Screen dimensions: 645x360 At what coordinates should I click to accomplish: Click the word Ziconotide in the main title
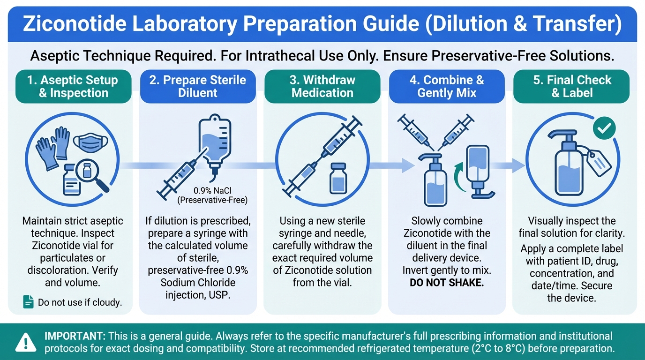pos(75,23)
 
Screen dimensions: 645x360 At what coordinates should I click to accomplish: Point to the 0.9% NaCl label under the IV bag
pos(212,191)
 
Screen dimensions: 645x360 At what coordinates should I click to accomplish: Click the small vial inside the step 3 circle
pos(338,179)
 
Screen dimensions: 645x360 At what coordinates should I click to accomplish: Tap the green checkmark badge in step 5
pos(604,128)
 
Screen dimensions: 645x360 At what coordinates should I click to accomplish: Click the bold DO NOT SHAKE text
pos(447,283)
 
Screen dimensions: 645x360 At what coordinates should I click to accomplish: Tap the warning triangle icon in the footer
pos(26,343)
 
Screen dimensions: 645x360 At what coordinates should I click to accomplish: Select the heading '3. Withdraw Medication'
pos(322,86)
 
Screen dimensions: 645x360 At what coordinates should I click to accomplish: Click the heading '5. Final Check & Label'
pos(572,86)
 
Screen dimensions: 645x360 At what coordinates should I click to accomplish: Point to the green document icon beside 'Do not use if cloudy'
pos(28,302)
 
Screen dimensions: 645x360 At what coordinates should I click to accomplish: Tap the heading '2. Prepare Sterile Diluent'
pos(197,86)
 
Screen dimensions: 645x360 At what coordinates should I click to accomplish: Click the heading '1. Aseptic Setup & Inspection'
pos(73,86)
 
